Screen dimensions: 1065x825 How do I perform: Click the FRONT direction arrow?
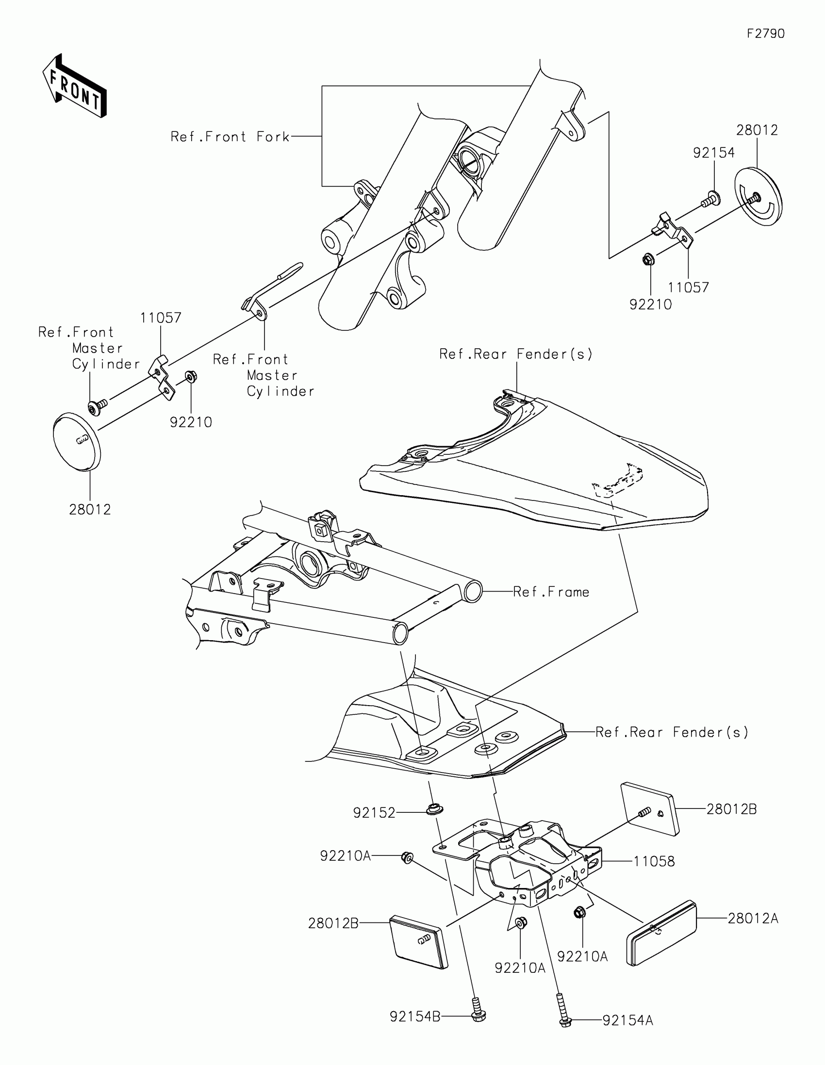[75, 86]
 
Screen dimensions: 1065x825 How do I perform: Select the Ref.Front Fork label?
[230, 137]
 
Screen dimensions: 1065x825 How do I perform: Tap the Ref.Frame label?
[551, 592]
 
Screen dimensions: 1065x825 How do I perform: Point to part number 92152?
[374, 813]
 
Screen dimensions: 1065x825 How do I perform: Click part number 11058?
[654, 862]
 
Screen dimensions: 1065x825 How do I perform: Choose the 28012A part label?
[753, 919]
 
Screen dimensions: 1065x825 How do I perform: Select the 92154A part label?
[627, 1020]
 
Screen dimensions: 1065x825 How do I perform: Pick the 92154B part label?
[415, 1017]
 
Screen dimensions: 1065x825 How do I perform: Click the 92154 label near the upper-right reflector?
[714, 153]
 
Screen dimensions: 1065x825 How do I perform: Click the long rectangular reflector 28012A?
[661, 933]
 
